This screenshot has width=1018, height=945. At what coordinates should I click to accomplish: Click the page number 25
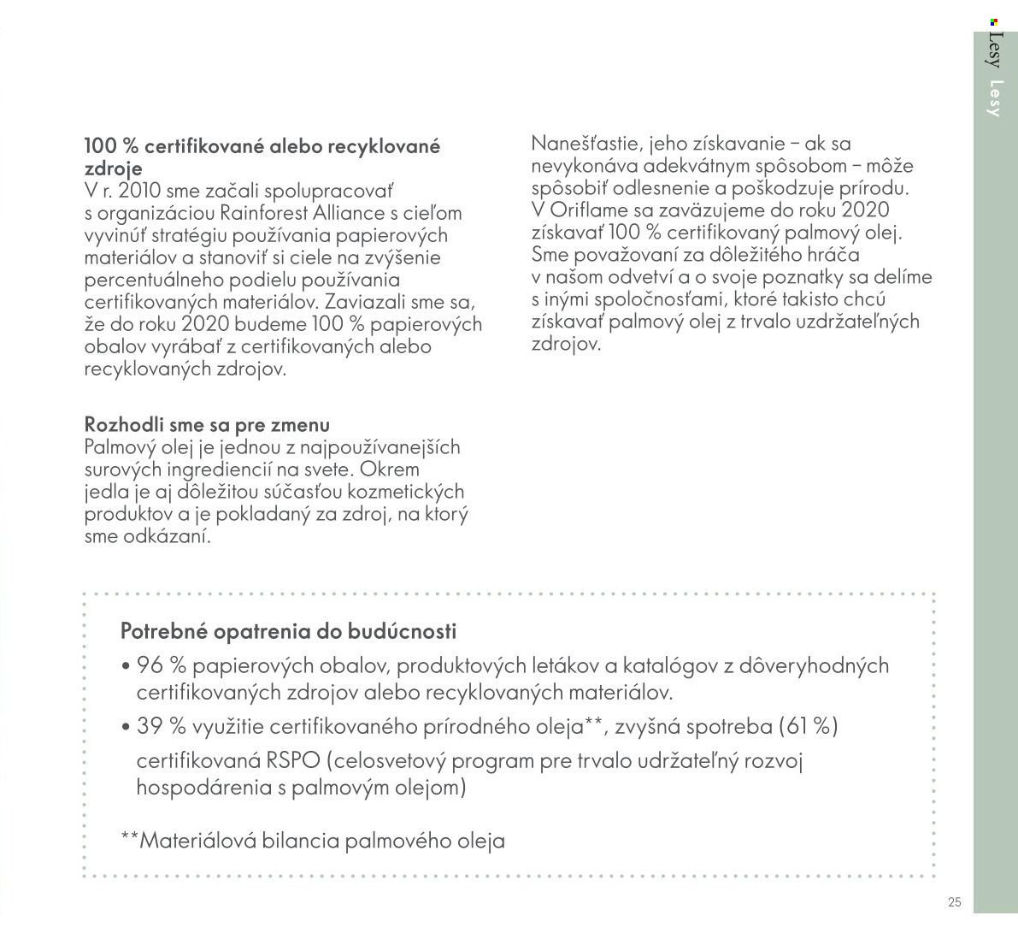point(955,902)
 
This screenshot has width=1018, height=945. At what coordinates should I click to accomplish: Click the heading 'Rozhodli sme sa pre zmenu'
point(207,425)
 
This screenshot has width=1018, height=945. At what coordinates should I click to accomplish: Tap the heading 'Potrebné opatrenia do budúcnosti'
point(289,632)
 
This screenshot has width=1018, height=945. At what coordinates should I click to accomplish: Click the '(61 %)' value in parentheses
point(808,727)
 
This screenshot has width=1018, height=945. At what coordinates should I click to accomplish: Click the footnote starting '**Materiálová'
point(313,841)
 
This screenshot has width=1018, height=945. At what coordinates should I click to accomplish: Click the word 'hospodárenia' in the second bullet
point(202,788)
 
